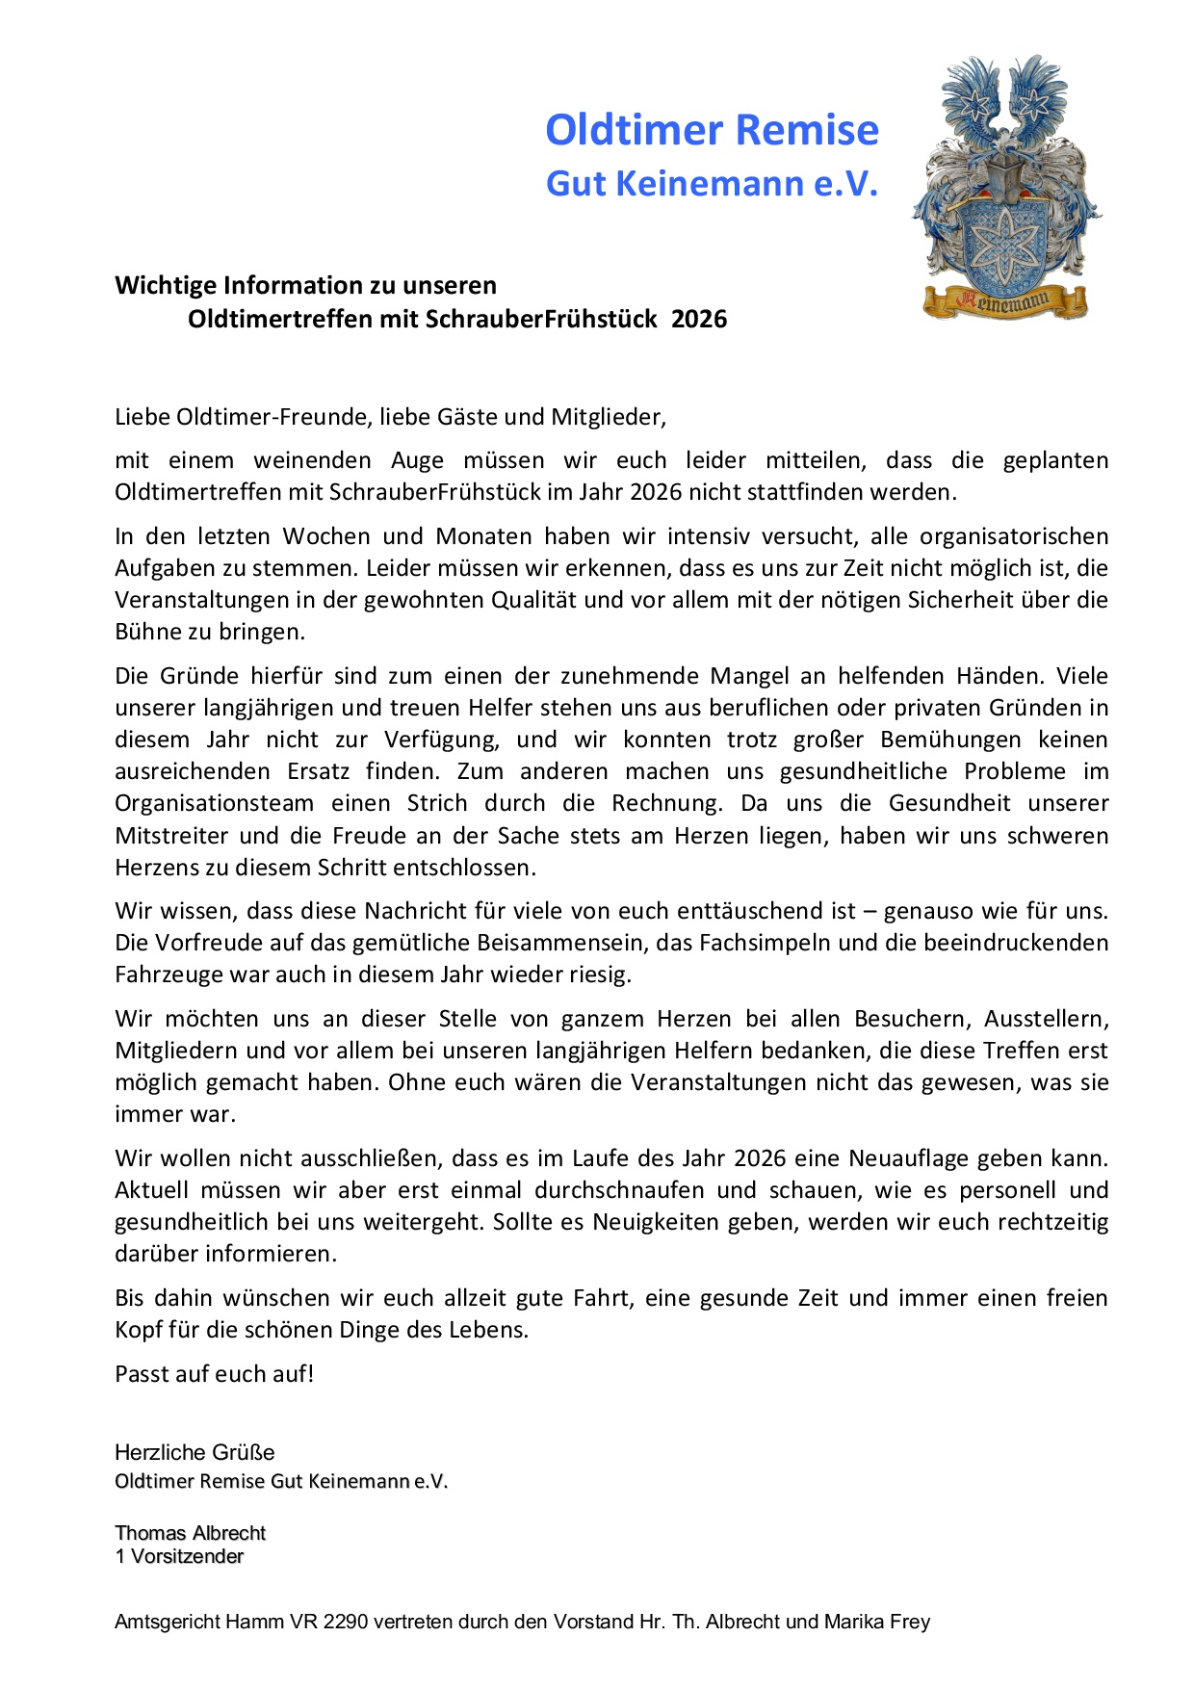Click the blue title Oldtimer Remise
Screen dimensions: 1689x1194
click(x=712, y=130)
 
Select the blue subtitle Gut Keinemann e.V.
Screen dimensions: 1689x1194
click(x=712, y=183)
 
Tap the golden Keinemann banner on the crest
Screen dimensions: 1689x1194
click(x=1005, y=302)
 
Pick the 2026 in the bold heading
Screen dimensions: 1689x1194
click(x=699, y=319)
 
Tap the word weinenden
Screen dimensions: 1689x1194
click(x=312, y=460)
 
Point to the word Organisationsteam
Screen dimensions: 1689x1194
click(x=215, y=803)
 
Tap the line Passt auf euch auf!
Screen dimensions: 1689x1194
click(x=215, y=1374)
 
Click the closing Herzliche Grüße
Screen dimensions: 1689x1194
click(x=195, y=1452)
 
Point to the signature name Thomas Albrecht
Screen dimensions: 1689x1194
click(x=191, y=1533)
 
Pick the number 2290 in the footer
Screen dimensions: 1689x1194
click(x=346, y=1622)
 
